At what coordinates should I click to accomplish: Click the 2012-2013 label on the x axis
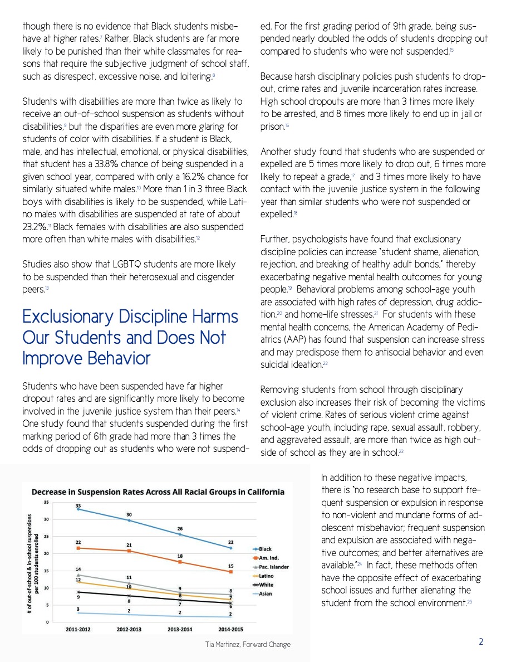(x=129, y=630)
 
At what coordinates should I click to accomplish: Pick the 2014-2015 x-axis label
(x=230, y=630)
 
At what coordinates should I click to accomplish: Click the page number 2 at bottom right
(x=481, y=642)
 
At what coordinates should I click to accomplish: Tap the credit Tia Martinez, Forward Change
(x=247, y=645)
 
